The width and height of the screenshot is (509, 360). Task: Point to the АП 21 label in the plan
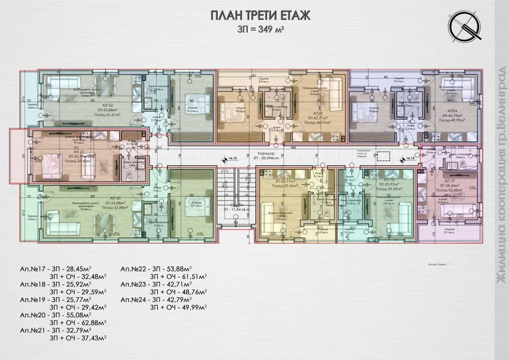[x=77, y=153]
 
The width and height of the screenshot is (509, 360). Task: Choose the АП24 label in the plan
[x=452, y=111]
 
